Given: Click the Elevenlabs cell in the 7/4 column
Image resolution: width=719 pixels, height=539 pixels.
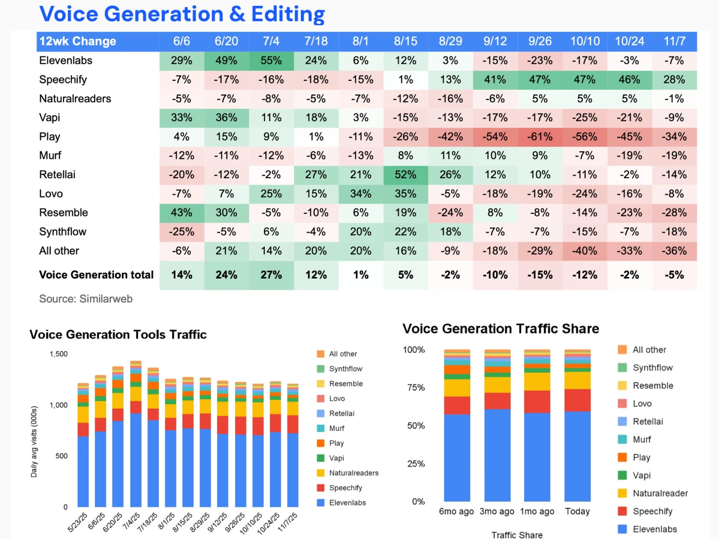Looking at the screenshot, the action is [x=271, y=60].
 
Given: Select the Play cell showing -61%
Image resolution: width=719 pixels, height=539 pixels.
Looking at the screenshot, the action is [x=540, y=136].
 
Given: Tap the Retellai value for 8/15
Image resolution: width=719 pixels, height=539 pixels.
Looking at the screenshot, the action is [x=405, y=175].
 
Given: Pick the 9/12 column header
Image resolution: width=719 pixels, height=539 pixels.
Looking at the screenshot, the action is [x=495, y=41].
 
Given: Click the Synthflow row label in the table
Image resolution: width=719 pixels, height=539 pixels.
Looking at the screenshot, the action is [x=62, y=232].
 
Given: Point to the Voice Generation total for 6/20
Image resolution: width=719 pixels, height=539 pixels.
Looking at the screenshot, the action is [x=226, y=275].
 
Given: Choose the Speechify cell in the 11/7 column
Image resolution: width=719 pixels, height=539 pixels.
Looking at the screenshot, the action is [x=674, y=79].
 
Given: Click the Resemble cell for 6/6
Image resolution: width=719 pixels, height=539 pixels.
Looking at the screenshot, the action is [x=181, y=213].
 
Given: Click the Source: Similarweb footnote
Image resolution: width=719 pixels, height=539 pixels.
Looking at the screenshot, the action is [x=86, y=299].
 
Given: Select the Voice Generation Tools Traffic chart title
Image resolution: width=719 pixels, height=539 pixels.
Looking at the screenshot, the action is [x=118, y=334].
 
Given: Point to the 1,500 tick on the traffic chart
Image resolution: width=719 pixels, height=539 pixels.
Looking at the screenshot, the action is [x=58, y=354].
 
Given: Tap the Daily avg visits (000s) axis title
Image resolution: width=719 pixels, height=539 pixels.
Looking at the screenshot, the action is [x=34, y=442].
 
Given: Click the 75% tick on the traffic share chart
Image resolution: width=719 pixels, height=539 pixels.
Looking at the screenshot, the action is [x=416, y=388].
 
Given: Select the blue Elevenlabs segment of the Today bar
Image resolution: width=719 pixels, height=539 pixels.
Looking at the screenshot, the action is [x=578, y=456].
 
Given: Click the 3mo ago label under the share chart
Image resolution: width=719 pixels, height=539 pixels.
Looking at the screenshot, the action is [x=497, y=511].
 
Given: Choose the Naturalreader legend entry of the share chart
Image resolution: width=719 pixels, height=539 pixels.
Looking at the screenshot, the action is [x=653, y=493].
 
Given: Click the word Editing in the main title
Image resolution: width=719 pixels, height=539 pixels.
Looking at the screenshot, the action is [x=288, y=14].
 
